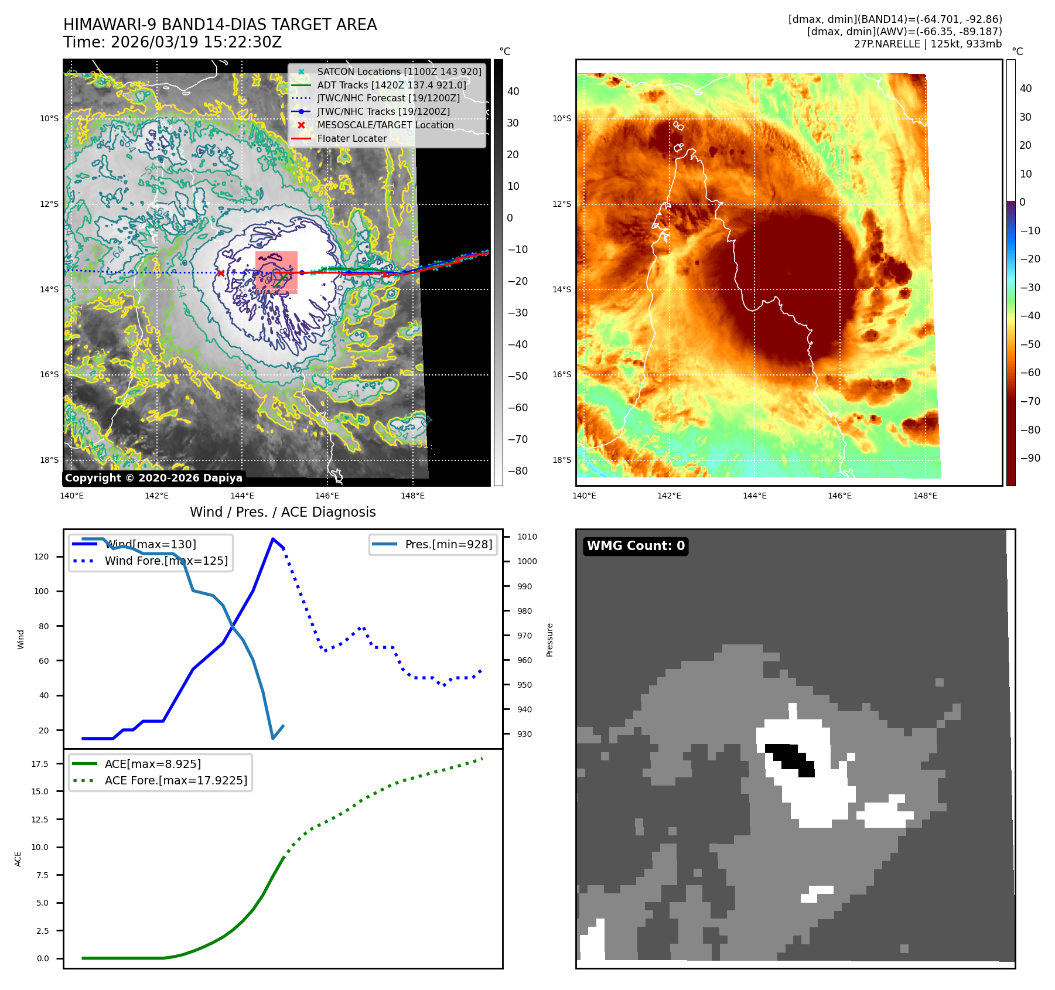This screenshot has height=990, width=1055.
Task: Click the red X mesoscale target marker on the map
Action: (221, 273)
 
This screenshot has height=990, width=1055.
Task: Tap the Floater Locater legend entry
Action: (351, 139)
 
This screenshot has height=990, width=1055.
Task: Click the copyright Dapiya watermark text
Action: (153, 478)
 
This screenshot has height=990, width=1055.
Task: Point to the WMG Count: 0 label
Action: (636, 546)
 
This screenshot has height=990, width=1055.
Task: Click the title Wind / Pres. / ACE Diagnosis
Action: (283, 513)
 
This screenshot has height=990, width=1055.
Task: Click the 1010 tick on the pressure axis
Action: (527, 537)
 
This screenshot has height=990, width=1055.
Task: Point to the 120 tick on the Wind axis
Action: (42, 557)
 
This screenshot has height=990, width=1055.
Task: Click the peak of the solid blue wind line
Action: (273, 539)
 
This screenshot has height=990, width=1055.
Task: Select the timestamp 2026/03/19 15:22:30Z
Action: (196, 43)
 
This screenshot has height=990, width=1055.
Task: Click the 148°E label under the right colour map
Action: (925, 496)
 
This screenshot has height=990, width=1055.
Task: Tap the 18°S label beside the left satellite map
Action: (49, 460)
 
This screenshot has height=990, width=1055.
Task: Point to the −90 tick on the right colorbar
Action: (1030, 458)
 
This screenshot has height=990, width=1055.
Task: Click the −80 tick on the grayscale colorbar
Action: (517, 471)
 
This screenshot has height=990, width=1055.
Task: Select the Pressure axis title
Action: (550, 640)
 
